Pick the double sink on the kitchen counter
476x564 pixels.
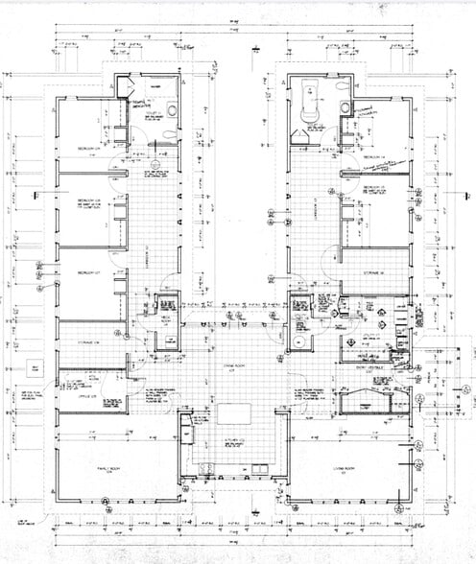[x=257, y=467]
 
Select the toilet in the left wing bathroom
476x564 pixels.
[x=171, y=110]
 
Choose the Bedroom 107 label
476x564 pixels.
[x=89, y=273]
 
